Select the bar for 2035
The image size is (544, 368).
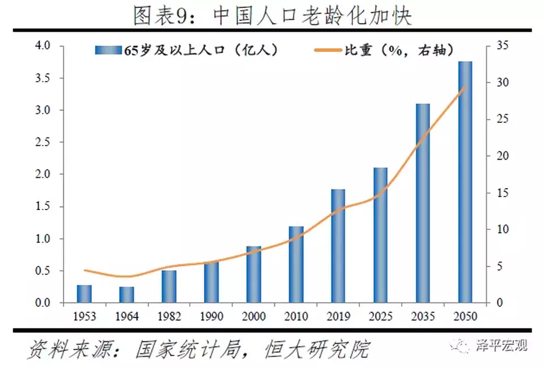(x=423, y=204)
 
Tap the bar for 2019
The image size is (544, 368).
(x=338, y=246)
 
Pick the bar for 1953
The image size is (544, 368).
(x=84, y=294)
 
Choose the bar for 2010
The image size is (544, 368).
(x=296, y=265)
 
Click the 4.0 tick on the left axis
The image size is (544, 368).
(x=42, y=45)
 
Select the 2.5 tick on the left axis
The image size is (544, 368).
(x=42, y=142)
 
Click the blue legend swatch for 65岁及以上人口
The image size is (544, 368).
(x=107, y=50)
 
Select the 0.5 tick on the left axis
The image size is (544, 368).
(x=42, y=271)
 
